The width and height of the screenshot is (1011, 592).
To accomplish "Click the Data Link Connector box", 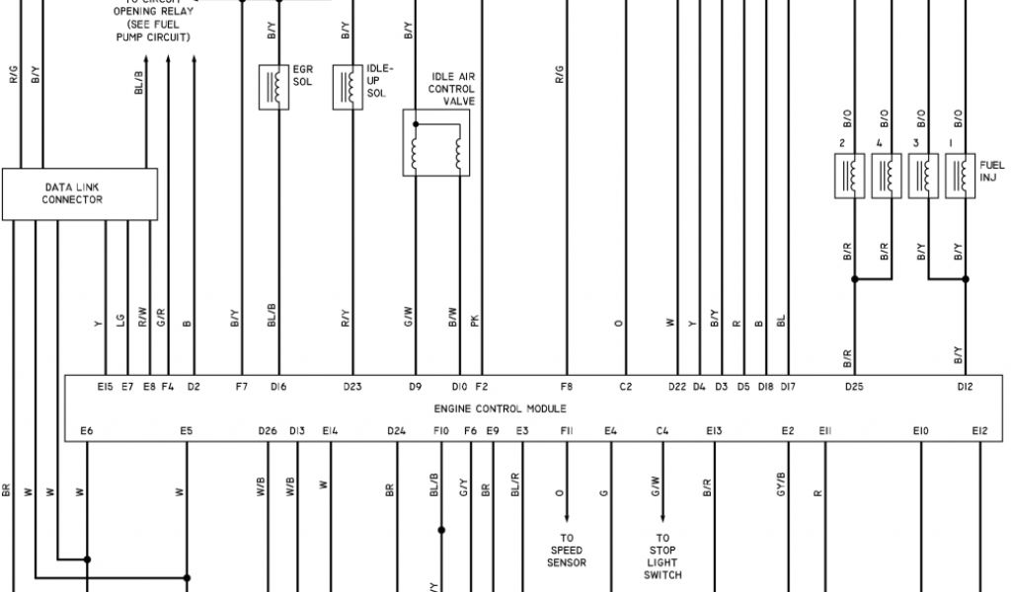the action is coord(80,193).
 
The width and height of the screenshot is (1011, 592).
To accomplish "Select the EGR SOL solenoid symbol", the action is coord(273,87).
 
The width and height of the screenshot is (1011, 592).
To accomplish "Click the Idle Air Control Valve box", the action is coord(435,144).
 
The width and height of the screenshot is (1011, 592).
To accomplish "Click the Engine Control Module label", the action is coord(501,407).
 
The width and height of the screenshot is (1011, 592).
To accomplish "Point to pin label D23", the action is coord(352,387).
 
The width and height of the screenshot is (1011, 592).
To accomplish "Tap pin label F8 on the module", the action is coord(566,387).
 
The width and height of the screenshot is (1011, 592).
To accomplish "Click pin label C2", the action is coord(625,387).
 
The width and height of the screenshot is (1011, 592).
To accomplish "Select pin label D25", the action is coord(854,387).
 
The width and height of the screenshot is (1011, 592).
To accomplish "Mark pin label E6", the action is coord(87,430).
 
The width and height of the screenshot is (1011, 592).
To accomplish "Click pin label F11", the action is coord(567,430).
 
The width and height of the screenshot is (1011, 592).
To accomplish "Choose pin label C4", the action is coord(661,430).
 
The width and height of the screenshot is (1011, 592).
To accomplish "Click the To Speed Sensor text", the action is coord(567,551).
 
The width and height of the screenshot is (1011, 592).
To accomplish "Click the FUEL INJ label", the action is coord(991,171).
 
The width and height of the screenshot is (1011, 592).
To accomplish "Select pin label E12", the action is coord(978,430).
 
